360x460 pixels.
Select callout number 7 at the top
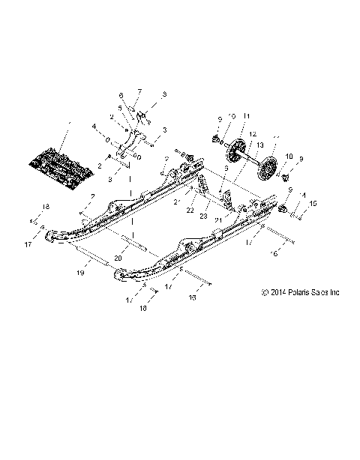click(138, 91)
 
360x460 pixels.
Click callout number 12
click(252, 133)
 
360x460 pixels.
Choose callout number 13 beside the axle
click(260, 144)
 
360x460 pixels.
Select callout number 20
click(118, 258)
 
